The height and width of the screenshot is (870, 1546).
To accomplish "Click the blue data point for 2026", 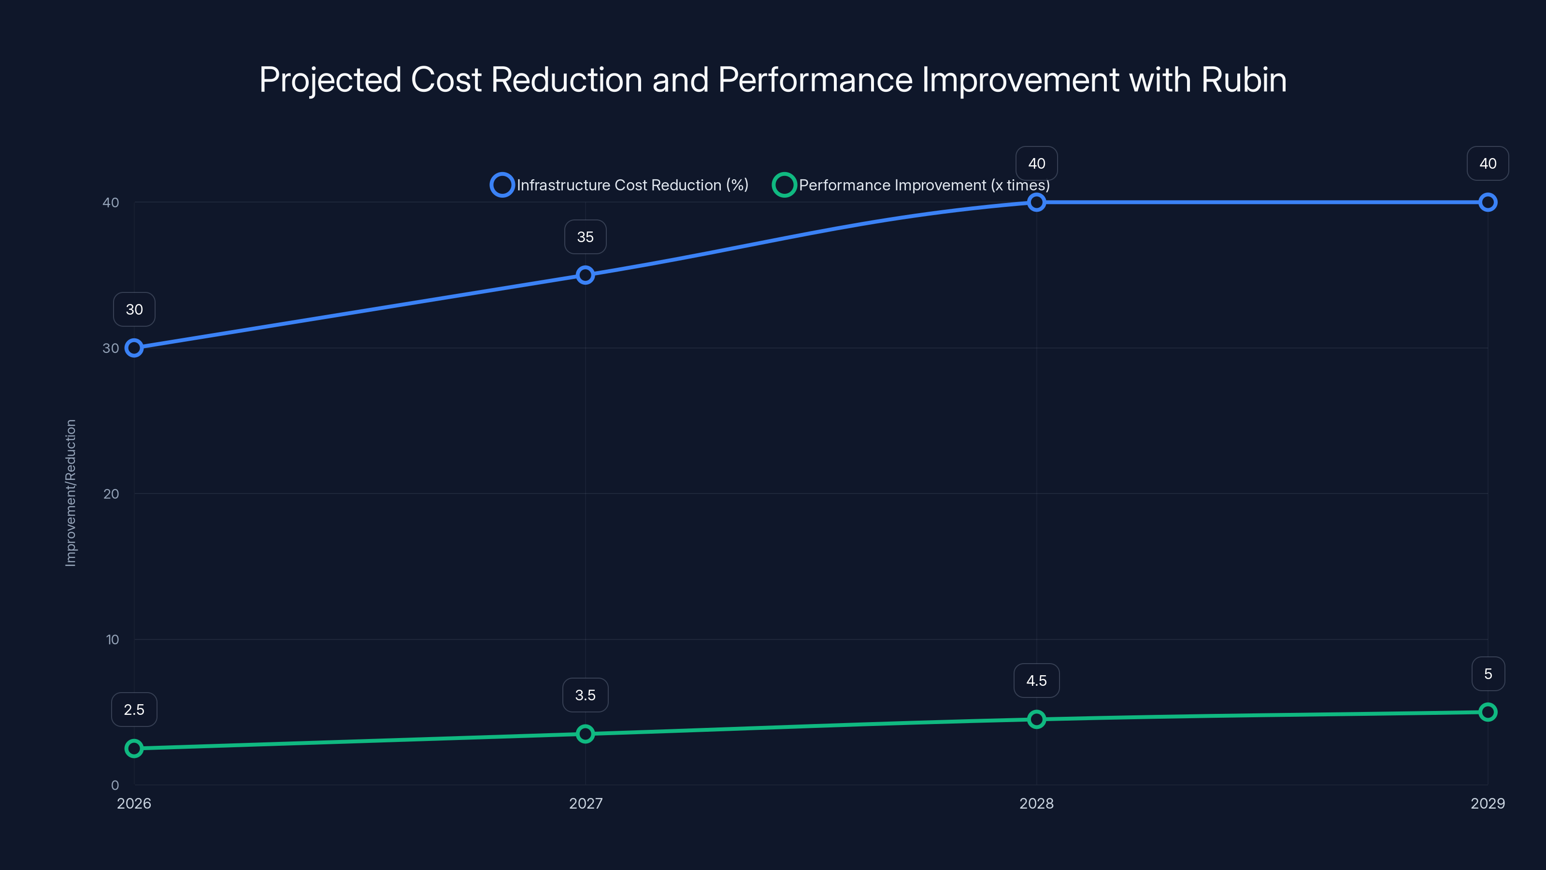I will pos(134,348).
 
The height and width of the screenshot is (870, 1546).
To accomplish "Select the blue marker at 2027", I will pos(585,275).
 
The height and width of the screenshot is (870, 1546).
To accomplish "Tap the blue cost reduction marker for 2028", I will pos(1036,203).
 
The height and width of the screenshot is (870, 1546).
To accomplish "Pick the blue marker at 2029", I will pos(1488,203).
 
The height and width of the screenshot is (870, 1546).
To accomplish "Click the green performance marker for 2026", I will pos(134,748).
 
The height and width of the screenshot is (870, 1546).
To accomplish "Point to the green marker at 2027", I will pos(585,734).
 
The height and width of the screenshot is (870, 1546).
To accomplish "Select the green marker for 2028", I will pos(1036,719).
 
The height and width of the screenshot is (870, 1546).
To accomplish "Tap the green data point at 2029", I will pos(1488,712).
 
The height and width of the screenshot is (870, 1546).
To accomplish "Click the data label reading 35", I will pos(585,237).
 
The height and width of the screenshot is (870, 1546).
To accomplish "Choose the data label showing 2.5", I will pos(134,710).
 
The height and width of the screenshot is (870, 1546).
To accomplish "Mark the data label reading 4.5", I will pos(1036,681).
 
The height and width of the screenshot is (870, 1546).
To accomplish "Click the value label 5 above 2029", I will pos(1488,674).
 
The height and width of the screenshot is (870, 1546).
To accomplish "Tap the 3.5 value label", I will pos(585,696).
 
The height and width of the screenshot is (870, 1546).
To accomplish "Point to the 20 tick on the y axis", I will pos(111,493).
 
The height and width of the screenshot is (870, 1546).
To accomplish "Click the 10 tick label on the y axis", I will pos(112,639).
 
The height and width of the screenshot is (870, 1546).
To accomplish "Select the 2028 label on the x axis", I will pos(1036,803).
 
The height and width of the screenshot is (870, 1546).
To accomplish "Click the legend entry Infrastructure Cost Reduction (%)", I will pos(632,185).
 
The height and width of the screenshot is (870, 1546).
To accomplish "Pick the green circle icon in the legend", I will pos(784,185).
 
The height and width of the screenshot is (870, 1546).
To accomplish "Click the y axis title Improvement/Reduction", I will pos(71,493).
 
